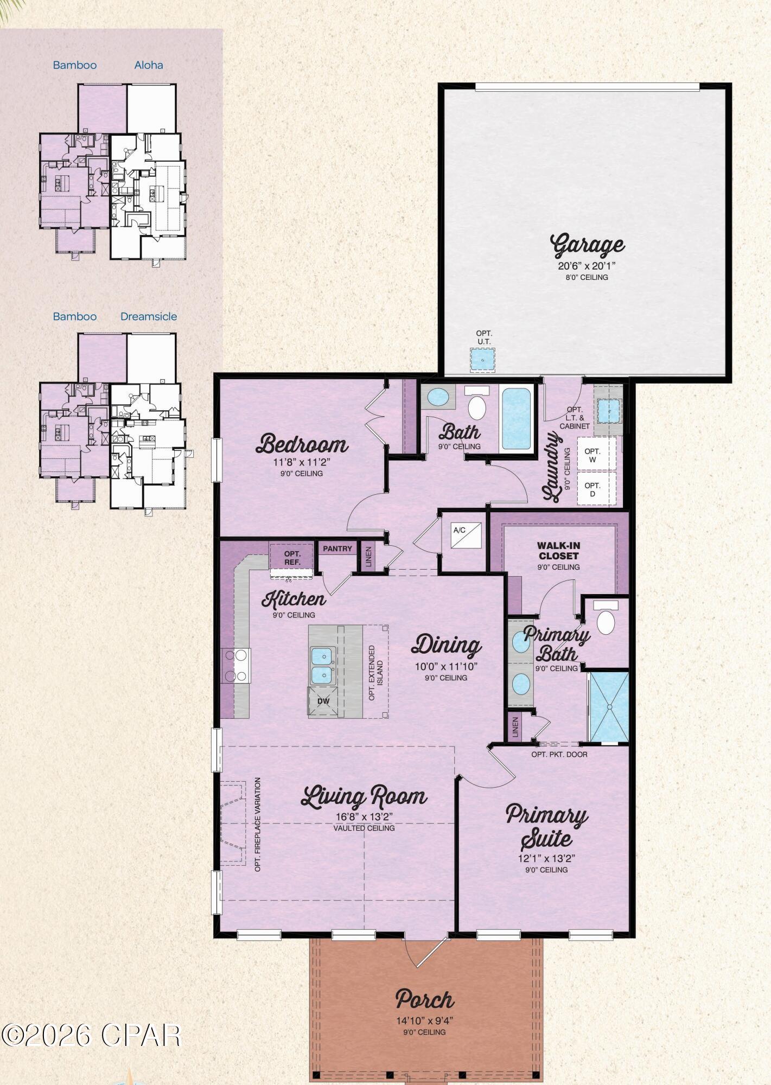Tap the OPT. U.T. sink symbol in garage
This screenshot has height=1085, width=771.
click(482, 359)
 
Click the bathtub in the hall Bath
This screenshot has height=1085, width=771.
click(516, 418)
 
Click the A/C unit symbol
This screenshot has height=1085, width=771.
click(466, 535)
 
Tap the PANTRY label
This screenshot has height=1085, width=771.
click(337, 548)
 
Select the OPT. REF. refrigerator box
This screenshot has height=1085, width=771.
click(292, 558)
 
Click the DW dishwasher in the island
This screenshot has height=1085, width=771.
click(323, 701)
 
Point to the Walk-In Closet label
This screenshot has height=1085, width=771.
click(558, 551)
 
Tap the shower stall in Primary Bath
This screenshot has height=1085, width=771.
click(609, 706)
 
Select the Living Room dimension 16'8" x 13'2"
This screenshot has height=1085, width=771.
click(364, 816)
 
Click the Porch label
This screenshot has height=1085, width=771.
click(424, 999)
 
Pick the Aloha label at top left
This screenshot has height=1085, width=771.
click(149, 65)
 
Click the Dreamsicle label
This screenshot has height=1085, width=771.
click(149, 316)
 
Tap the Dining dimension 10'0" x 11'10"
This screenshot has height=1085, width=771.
click(445, 667)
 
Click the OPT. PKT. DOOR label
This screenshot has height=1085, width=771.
click(559, 754)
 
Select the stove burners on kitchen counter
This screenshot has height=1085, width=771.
click(236, 665)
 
